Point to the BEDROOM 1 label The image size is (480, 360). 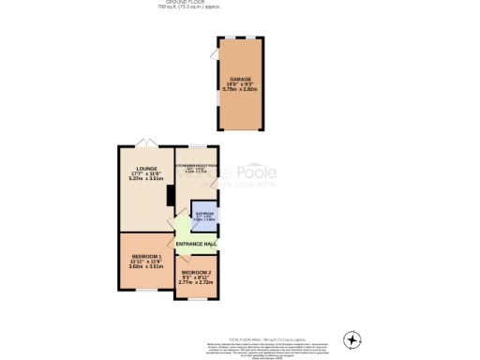pyautogui.click(x=145, y=256)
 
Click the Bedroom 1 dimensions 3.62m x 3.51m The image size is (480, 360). pyautogui.click(x=145, y=267)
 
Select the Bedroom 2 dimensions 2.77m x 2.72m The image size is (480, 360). pyautogui.click(x=196, y=283)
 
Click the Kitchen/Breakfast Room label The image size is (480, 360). pyautogui.click(x=196, y=165)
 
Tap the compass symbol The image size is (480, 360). pyautogui.click(x=352, y=338)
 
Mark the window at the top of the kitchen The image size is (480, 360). pyautogui.click(x=196, y=146)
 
